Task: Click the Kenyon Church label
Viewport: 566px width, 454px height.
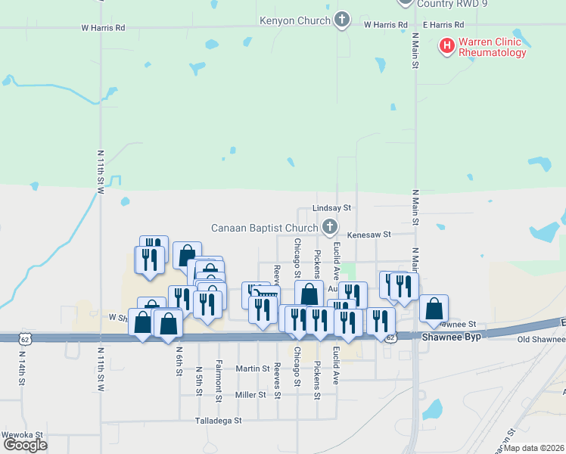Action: pyautogui.click(x=295, y=20)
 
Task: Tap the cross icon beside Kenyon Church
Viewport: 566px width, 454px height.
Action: pyautogui.click(x=342, y=20)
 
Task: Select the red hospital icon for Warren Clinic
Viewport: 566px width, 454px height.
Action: pyautogui.click(x=447, y=47)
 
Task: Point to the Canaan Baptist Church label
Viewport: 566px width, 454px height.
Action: pyautogui.click(x=264, y=227)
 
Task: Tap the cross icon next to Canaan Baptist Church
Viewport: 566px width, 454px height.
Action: pyautogui.click(x=329, y=226)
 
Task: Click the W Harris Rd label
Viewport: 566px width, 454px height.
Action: pyautogui.click(x=103, y=27)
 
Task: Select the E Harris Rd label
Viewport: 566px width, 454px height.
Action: pyautogui.click(x=442, y=25)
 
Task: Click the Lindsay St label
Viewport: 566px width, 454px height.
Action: pyautogui.click(x=333, y=207)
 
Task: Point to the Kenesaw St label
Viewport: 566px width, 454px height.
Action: pyautogui.click(x=369, y=235)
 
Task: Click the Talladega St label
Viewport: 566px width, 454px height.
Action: pyautogui.click(x=218, y=420)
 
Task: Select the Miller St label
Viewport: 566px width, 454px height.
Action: pyautogui.click(x=250, y=395)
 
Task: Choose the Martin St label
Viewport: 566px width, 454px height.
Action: pyautogui.click(x=253, y=368)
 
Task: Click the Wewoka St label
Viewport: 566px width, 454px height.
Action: pyautogui.click(x=23, y=435)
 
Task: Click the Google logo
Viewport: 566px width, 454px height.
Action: pyautogui.click(x=25, y=444)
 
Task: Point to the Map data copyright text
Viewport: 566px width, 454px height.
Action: pyautogui.click(x=533, y=448)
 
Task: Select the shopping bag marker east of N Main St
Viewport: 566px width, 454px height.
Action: pyautogui.click(x=434, y=308)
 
